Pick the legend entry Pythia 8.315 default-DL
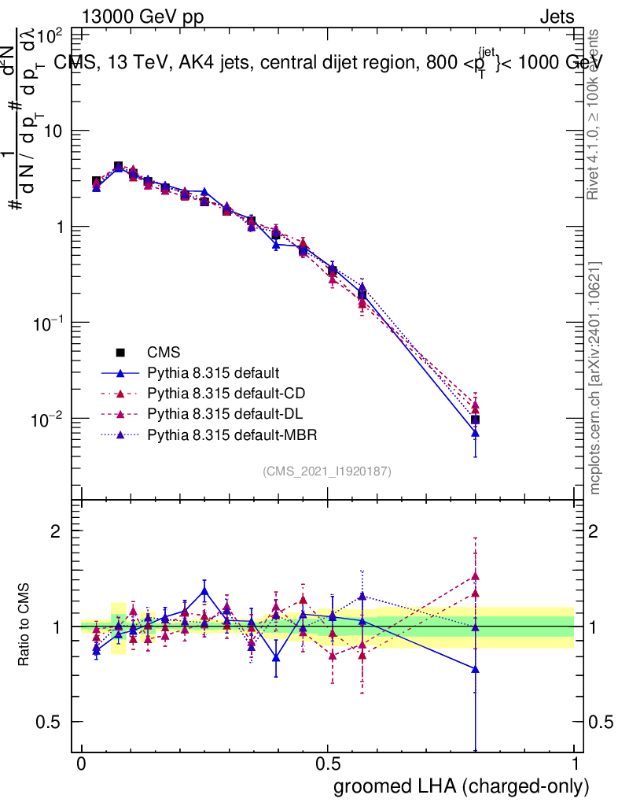pyautogui.click(x=213, y=413)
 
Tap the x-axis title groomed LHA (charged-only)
pyautogui.click(x=462, y=786)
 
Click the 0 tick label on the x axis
pyautogui.click(x=82, y=765)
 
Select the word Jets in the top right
pyautogui.click(x=556, y=17)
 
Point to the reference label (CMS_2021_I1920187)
pyautogui.click(x=327, y=471)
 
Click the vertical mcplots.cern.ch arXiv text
pyautogui.click(x=595, y=378)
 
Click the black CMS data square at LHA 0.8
pyautogui.click(x=476, y=420)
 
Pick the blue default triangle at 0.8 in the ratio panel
pyautogui.click(x=476, y=669)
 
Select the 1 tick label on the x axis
pyautogui.click(x=574, y=765)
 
